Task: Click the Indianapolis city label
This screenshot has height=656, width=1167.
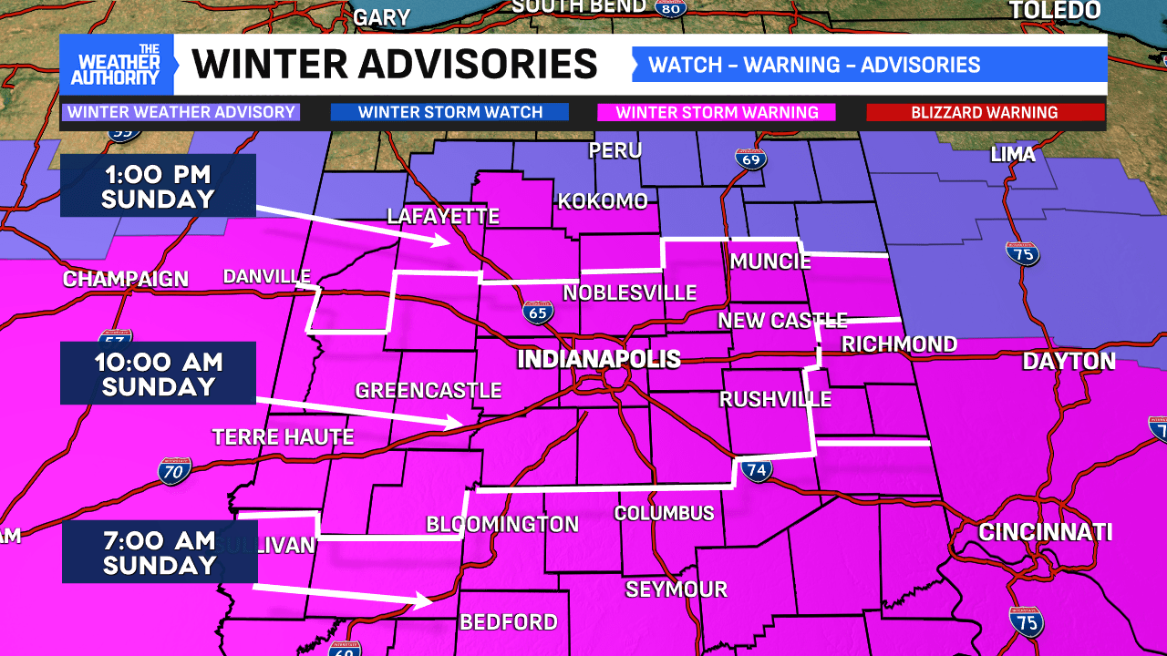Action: (598, 359)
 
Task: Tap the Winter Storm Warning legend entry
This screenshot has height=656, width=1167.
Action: (717, 113)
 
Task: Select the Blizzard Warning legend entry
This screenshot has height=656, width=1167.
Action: (985, 113)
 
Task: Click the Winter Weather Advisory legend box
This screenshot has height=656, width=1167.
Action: (181, 113)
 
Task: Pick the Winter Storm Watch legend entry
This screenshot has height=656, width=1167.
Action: (449, 113)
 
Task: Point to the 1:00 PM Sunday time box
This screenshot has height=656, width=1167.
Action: (158, 186)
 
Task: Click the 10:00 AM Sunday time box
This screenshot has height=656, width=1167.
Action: (158, 374)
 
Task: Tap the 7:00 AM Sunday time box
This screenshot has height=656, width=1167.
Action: (160, 552)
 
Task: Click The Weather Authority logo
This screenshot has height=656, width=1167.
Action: (117, 65)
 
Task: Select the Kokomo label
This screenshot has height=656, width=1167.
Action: (602, 201)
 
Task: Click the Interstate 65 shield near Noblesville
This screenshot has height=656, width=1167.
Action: (538, 313)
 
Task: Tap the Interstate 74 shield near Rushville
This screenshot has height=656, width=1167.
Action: (757, 470)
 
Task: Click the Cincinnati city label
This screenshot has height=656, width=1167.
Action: (1045, 532)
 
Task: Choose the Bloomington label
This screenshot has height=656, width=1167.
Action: (502, 524)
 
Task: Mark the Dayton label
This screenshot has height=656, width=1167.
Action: (1069, 362)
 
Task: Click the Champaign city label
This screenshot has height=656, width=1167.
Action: (125, 280)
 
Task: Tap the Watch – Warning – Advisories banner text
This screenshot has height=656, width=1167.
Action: (814, 65)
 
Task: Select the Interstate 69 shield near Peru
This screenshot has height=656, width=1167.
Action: (752, 158)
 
